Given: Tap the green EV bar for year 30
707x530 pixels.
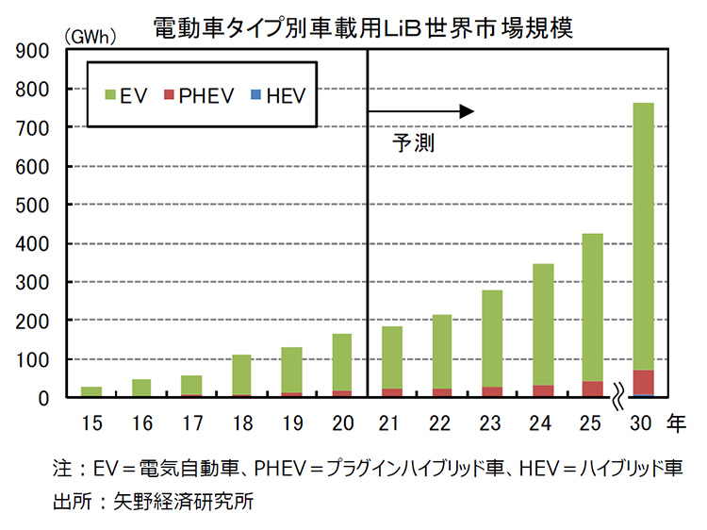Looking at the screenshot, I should [643, 236].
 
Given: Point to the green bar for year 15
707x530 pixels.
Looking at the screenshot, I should [90, 391].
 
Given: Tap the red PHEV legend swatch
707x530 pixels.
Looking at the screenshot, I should [170, 94].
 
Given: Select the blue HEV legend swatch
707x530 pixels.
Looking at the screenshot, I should [252, 94].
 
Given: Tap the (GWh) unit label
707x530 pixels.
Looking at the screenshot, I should [90, 37].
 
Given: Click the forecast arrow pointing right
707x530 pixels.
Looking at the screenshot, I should [420, 111].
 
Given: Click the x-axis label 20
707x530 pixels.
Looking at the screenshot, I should [341, 424].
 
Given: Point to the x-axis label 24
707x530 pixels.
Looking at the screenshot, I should [542, 424].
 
